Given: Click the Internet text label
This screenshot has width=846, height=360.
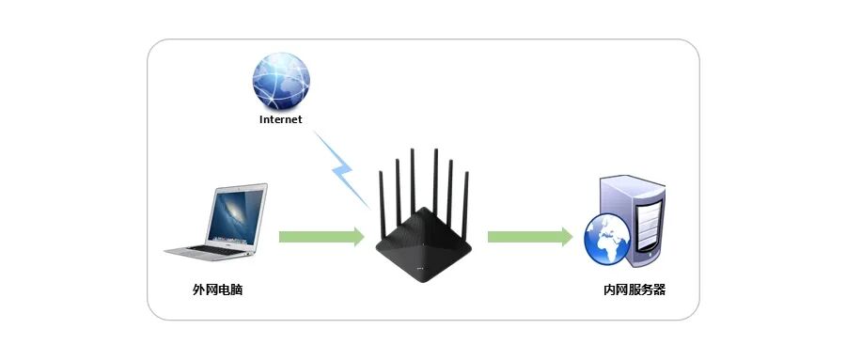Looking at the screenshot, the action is click(280, 119).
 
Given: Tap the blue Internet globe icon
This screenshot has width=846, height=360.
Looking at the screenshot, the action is click(281, 81).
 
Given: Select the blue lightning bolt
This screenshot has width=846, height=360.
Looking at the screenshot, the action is click(341, 169).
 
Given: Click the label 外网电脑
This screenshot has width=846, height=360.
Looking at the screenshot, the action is click(217, 290).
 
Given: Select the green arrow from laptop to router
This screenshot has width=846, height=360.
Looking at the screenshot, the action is click(321, 237).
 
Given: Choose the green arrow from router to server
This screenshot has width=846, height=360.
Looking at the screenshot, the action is click(530, 237).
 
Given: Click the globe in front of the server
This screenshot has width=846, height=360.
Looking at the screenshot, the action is click(607, 239).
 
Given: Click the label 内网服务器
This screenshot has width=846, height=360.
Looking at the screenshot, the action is click(634, 290).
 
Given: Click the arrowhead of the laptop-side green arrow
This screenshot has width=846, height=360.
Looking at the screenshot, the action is click(359, 237).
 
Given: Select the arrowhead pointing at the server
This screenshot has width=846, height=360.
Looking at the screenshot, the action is click(567, 237).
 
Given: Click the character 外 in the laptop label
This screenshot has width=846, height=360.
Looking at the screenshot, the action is click(198, 290).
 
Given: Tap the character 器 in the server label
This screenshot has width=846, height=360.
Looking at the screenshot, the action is click(660, 290).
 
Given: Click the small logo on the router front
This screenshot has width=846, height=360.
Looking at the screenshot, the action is click(421, 267).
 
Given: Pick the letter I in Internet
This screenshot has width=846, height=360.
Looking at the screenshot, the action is click(261, 119).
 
